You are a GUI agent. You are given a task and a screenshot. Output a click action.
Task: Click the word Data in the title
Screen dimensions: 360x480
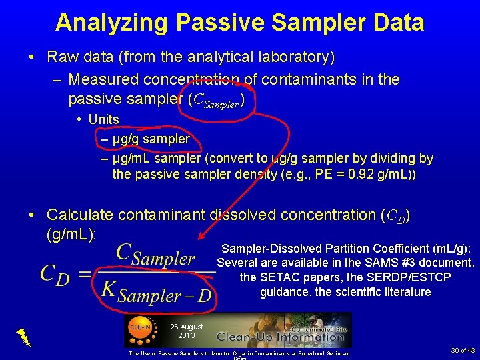point(399,23)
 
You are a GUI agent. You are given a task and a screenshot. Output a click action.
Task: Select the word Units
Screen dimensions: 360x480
point(104,119)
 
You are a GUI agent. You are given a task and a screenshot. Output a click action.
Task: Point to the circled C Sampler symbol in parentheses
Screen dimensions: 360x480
point(217,99)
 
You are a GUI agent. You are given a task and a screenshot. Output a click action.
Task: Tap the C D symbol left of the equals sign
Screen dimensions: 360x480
point(55,273)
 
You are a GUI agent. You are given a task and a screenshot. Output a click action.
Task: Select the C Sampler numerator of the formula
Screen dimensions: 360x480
point(156,255)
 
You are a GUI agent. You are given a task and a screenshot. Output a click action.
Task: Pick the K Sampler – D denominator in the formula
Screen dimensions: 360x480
point(156,291)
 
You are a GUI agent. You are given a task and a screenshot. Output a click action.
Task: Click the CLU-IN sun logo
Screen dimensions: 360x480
point(140,328)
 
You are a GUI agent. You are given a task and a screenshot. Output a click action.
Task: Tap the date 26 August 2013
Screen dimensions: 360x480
point(187,331)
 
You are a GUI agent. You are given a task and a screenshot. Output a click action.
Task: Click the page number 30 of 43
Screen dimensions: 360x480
point(463,350)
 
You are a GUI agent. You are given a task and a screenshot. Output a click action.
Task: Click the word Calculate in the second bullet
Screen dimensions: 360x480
point(80,215)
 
